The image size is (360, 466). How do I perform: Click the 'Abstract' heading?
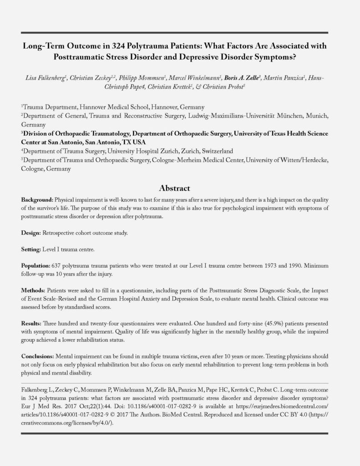click(x=180, y=188)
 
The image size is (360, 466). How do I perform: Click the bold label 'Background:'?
click(x=38, y=200)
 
